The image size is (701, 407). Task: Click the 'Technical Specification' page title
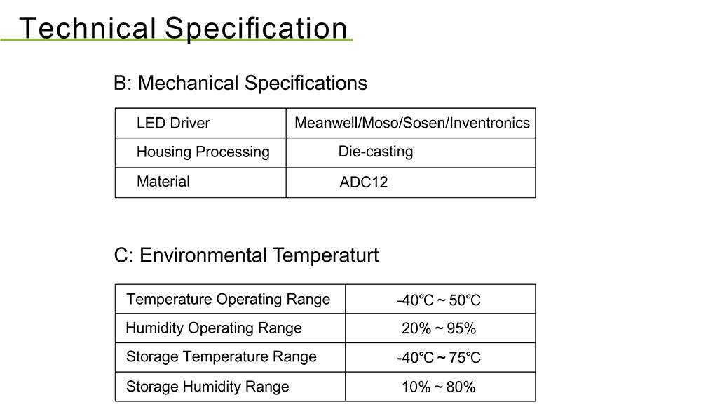pyautogui.click(x=183, y=28)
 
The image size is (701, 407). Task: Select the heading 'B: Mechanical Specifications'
pyautogui.click(x=240, y=84)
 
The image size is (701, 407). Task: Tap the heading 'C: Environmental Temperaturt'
pyautogui.click(x=246, y=255)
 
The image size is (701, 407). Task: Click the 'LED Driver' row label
pyautogui.click(x=173, y=123)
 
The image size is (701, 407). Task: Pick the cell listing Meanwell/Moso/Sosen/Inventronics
pyautogui.click(x=412, y=123)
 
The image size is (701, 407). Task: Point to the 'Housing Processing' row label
pyautogui.click(x=203, y=152)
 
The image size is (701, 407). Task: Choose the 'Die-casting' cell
pyautogui.click(x=376, y=152)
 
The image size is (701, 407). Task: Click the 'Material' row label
pyautogui.click(x=163, y=181)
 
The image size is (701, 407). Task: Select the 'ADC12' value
pyautogui.click(x=363, y=182)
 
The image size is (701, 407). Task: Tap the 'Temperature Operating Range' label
pyautogui.click(x=228, y=299)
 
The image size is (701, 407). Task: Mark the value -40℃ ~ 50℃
pyautogui.click(x=439, y=300)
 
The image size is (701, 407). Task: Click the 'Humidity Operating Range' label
pyautogui.click(x=214, y=328)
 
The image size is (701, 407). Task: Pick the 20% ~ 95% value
pyautogui.click(x=439, y=328)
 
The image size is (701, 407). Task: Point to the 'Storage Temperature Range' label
pyautogui.click(x=222, y=357)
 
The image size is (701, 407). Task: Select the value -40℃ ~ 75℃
pyautogui.click(x=439, y=358)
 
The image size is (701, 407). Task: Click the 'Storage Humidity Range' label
pyautogui.click(x=207, y=387)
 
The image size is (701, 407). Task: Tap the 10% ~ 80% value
pyautogui.click(x=439, y=387)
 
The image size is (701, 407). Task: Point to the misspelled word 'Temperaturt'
pyautogui.click(x=325, y=255)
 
